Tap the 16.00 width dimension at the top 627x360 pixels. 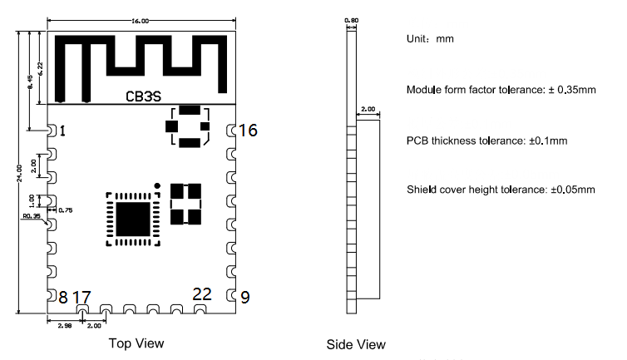pyautogui.click(x=141, y=20)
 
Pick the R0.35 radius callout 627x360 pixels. pyautogui.click(x=32, y=216)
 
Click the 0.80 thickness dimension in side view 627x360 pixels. pyautogui.click(x=351, y=21)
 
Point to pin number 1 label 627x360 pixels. pyautogui.click(x=62, y=131)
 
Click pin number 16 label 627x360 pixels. pyautogui.click(x=248, y=131)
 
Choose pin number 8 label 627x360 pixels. pyautogui.click(x=62, y=297)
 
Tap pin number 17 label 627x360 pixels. pyautogui.click(x=81, y=297)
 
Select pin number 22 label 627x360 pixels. pyautogui.click(x=202, y=293)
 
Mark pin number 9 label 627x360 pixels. pyautogui.click(x=244, y=297)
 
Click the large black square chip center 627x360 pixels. pyautogui.click(x=133, y=219)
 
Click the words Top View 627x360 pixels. pyautogui.click(x=136, y=343)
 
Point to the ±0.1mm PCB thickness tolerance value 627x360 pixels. pyautogui.click(x=548, y=141)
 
